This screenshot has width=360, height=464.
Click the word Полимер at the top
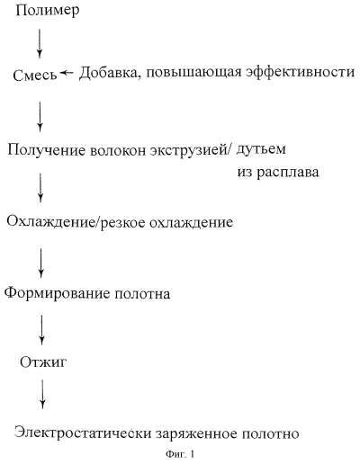(x=48, y=11)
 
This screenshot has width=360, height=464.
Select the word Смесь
(x=35, y=75)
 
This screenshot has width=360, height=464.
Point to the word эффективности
(x=301, y=72)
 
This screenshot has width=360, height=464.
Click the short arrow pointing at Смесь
(x=67, y=73)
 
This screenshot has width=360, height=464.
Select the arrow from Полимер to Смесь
(x=40, y=43)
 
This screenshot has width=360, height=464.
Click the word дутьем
(x=261, y=149)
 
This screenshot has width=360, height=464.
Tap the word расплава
(x=288, y=173)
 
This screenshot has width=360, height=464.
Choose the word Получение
(x=47, y=150)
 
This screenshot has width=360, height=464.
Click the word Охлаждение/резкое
(x=76, y=222)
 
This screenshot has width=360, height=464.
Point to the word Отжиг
(x=43, y=361)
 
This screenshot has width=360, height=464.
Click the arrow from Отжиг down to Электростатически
(x=42, y=394)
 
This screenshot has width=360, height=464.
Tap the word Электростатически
(x=83, y=434)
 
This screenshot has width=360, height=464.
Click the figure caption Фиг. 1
(x=180, y=454)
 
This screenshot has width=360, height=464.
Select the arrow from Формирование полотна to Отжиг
(x=41, y=330)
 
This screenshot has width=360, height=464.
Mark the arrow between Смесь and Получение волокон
(x=40, y=116)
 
